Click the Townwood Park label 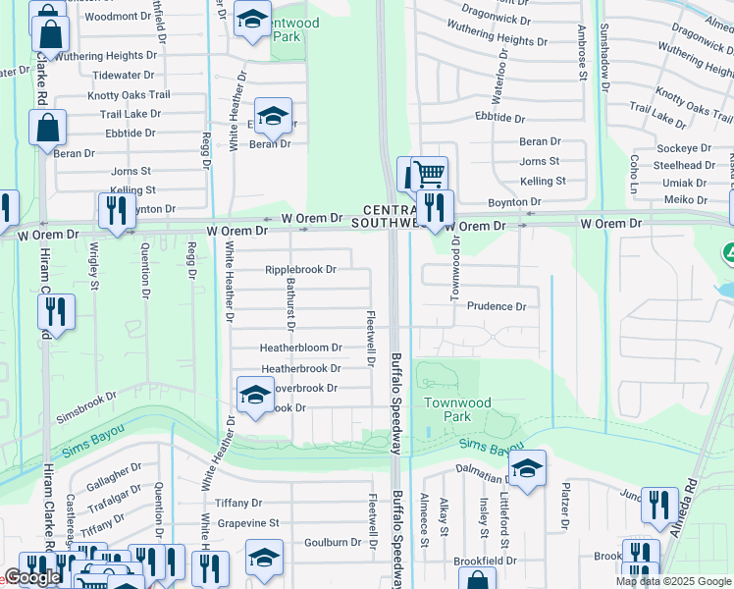[x=457, y=409]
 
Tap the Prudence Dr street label [x=496, y=306]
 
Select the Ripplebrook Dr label [x=300, y=269]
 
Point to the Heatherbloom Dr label [x=300, y=348]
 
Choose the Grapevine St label [x=247, y=523]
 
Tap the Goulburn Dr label [x=332, y=542]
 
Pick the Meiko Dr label [x=685, y=200]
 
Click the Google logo [x=32, y=578]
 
